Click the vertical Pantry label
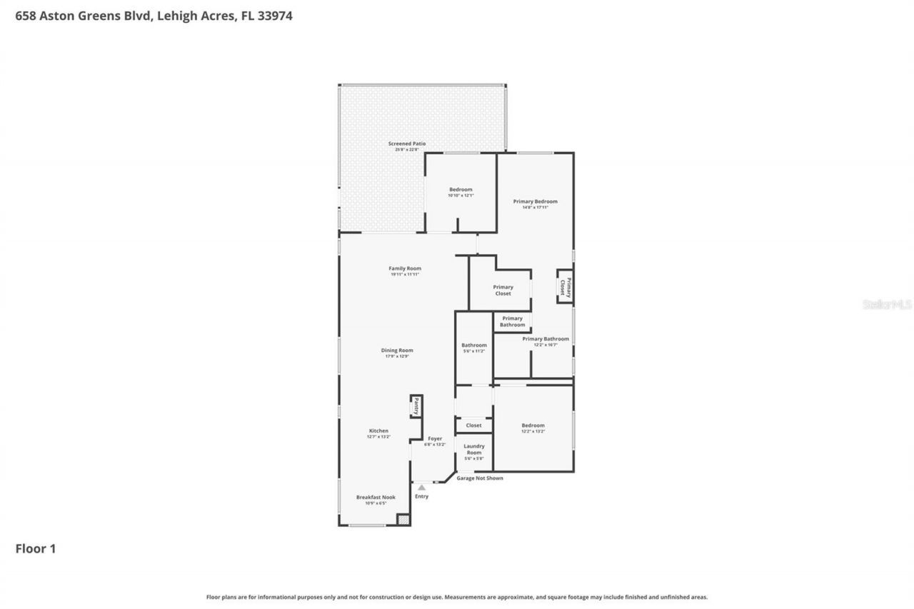(416, 406)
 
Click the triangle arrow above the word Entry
(421, 488)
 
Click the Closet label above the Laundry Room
(473, 426)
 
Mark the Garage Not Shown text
(480, 478)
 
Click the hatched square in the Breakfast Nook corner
(403, 520)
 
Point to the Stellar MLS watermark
(887, 304)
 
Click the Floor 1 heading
(36, 549)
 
